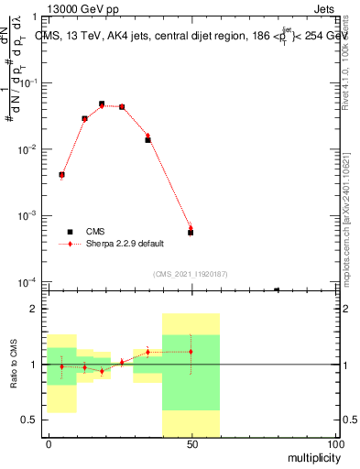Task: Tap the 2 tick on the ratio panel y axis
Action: pos(33,310)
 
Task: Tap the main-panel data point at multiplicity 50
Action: pos(191,233)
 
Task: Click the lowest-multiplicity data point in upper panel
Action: pos(61,174)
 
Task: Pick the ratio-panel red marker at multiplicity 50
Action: pos(191,352)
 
